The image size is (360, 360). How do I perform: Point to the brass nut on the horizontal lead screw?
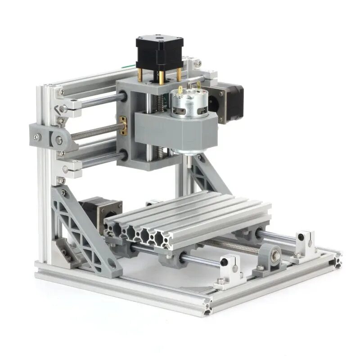[x=123, y=126]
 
